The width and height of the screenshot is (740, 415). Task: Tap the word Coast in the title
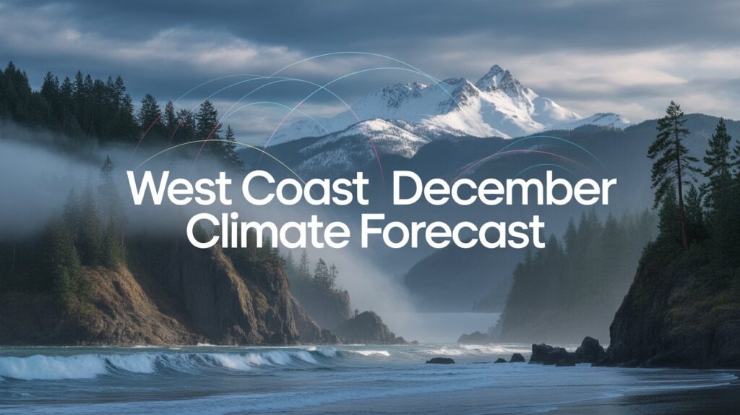click(305, 187)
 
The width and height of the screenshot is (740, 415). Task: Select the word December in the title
click(504, 187)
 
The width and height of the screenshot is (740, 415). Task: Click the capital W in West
click(150, 187)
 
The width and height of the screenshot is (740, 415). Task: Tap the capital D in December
click(408, 187)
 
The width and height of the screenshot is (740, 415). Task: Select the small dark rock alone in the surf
click(440, 361)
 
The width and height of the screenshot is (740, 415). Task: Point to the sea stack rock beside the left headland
click(368, 328)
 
